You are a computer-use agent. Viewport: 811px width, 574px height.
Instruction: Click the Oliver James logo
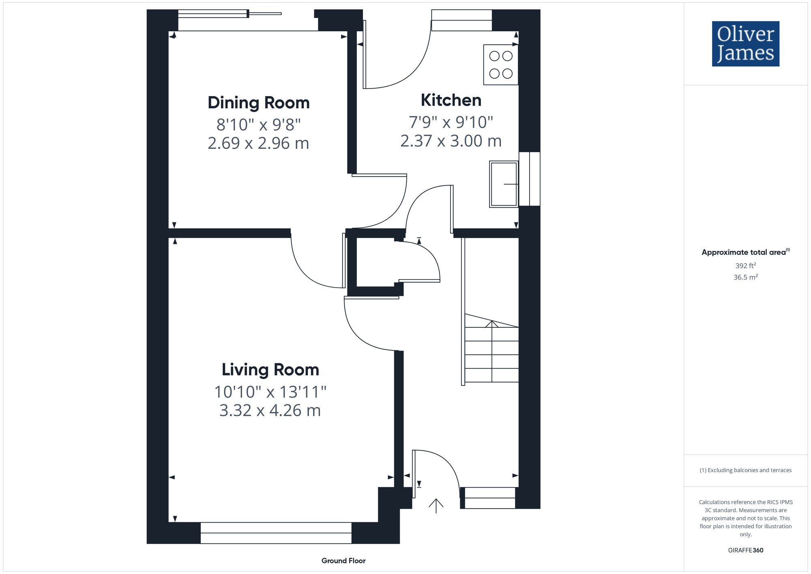tap(745, 44)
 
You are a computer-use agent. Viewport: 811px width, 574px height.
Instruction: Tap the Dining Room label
tap(258, 103)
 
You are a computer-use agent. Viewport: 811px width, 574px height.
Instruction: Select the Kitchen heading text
tap(451, 100)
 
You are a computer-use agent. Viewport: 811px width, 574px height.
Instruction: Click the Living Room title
tap(270, 370)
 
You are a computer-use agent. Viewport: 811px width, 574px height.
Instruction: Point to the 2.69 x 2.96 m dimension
tap(258, 143)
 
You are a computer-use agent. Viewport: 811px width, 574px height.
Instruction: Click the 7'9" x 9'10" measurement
tap(451, 122)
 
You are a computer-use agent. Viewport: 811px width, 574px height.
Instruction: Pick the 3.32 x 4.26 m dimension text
tap(270, 411)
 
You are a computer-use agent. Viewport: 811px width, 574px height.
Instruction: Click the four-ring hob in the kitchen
tap(500, 65)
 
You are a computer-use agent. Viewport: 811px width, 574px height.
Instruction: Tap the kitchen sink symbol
tap(504, 184)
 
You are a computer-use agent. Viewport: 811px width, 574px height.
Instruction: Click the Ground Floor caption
tap(343, 561)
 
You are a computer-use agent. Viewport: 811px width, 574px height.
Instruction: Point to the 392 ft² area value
tap(745, 266)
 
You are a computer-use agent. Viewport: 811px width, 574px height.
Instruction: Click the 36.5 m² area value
tap(745, 277)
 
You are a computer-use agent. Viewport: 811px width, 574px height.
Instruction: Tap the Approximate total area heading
tap(745, 252)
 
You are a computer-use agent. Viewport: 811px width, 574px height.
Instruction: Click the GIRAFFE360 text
tap(745, 550)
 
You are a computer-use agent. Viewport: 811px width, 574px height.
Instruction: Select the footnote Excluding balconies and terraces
tap(745, 470)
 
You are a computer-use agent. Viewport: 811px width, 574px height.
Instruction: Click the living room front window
tap(276, 533)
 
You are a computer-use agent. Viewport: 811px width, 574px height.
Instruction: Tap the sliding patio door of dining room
tap(229, 15)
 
